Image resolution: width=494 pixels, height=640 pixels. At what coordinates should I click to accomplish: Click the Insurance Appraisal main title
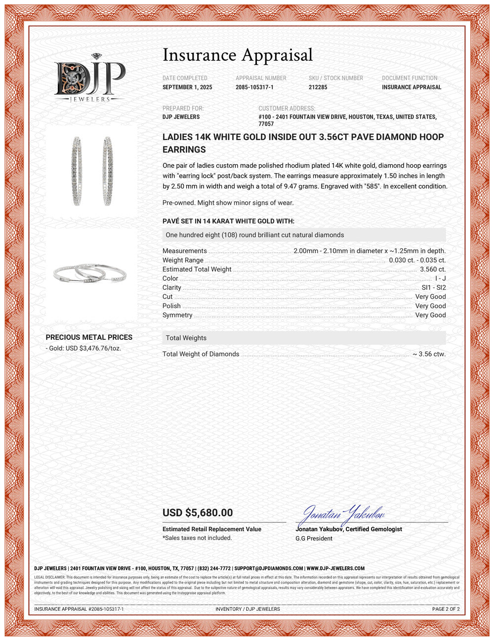[x=238, y=55]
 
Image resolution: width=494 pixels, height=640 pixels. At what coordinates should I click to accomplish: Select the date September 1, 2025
[x=187, y=87]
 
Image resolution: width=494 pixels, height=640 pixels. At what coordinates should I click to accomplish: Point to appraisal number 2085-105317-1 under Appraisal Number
[x=254, y=87]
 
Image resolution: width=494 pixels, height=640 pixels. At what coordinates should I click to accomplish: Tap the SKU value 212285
[x=318, y=87]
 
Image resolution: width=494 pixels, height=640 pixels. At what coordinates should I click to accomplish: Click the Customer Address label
[x=287, y=108]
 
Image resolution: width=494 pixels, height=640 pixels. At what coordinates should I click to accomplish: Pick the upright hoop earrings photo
[x=92, y=171]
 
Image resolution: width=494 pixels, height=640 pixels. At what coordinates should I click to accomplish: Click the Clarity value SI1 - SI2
[x=433, y=287]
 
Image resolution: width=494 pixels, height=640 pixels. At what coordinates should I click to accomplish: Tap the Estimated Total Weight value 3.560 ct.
[x=432, y=269]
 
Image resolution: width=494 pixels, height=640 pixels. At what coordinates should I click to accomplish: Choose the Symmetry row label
[x=177, y=315]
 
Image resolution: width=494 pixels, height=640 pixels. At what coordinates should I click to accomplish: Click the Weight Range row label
[x=183, y=260]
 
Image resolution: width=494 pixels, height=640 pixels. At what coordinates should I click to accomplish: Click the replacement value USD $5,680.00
[x=198, y=513]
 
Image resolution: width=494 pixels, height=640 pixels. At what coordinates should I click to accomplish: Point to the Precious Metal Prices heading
[x=89, y=337]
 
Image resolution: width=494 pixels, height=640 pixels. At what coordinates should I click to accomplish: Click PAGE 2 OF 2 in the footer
[x=446, y=609]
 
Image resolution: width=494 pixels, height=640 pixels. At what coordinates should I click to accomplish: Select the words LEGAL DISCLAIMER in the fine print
[x=49, y=577]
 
